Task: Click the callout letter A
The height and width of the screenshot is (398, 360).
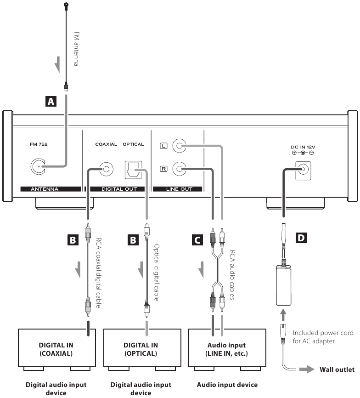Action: coord(51,102)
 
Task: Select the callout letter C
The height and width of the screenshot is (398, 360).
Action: coord(197,240)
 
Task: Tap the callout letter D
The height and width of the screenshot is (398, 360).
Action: coord(301,238)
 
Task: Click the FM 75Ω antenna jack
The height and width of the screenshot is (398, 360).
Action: coord(38,166)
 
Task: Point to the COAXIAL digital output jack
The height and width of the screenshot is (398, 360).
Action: coord(106,169)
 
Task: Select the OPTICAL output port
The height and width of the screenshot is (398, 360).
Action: coord(133,170)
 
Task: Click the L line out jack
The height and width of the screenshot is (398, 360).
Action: coord(179,146)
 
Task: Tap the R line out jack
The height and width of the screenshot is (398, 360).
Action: coord(179,169)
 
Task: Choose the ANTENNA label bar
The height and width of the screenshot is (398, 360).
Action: coord(51,189)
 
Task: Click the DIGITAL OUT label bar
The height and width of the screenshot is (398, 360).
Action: coord(118,189)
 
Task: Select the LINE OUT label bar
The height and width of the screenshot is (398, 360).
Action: coord(177,189)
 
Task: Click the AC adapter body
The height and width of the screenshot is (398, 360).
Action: coord(283,285)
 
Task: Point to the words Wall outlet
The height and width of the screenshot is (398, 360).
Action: coord(337,370)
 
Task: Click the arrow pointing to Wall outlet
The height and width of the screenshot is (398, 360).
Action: coord(307,370)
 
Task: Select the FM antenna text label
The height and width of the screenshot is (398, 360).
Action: coord(76,49)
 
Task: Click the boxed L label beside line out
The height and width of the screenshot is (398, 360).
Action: coord(163,146)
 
